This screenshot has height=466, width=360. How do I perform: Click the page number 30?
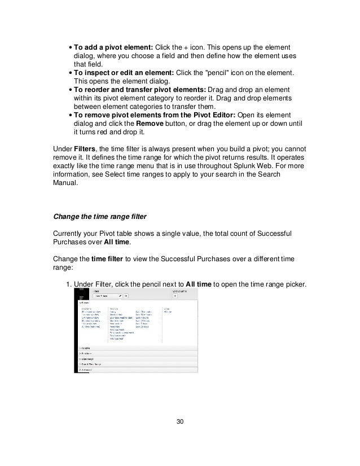click(179, 421)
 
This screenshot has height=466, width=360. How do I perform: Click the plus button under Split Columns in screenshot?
click(175, 295)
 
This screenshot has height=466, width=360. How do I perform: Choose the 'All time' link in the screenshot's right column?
click(168, 311)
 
